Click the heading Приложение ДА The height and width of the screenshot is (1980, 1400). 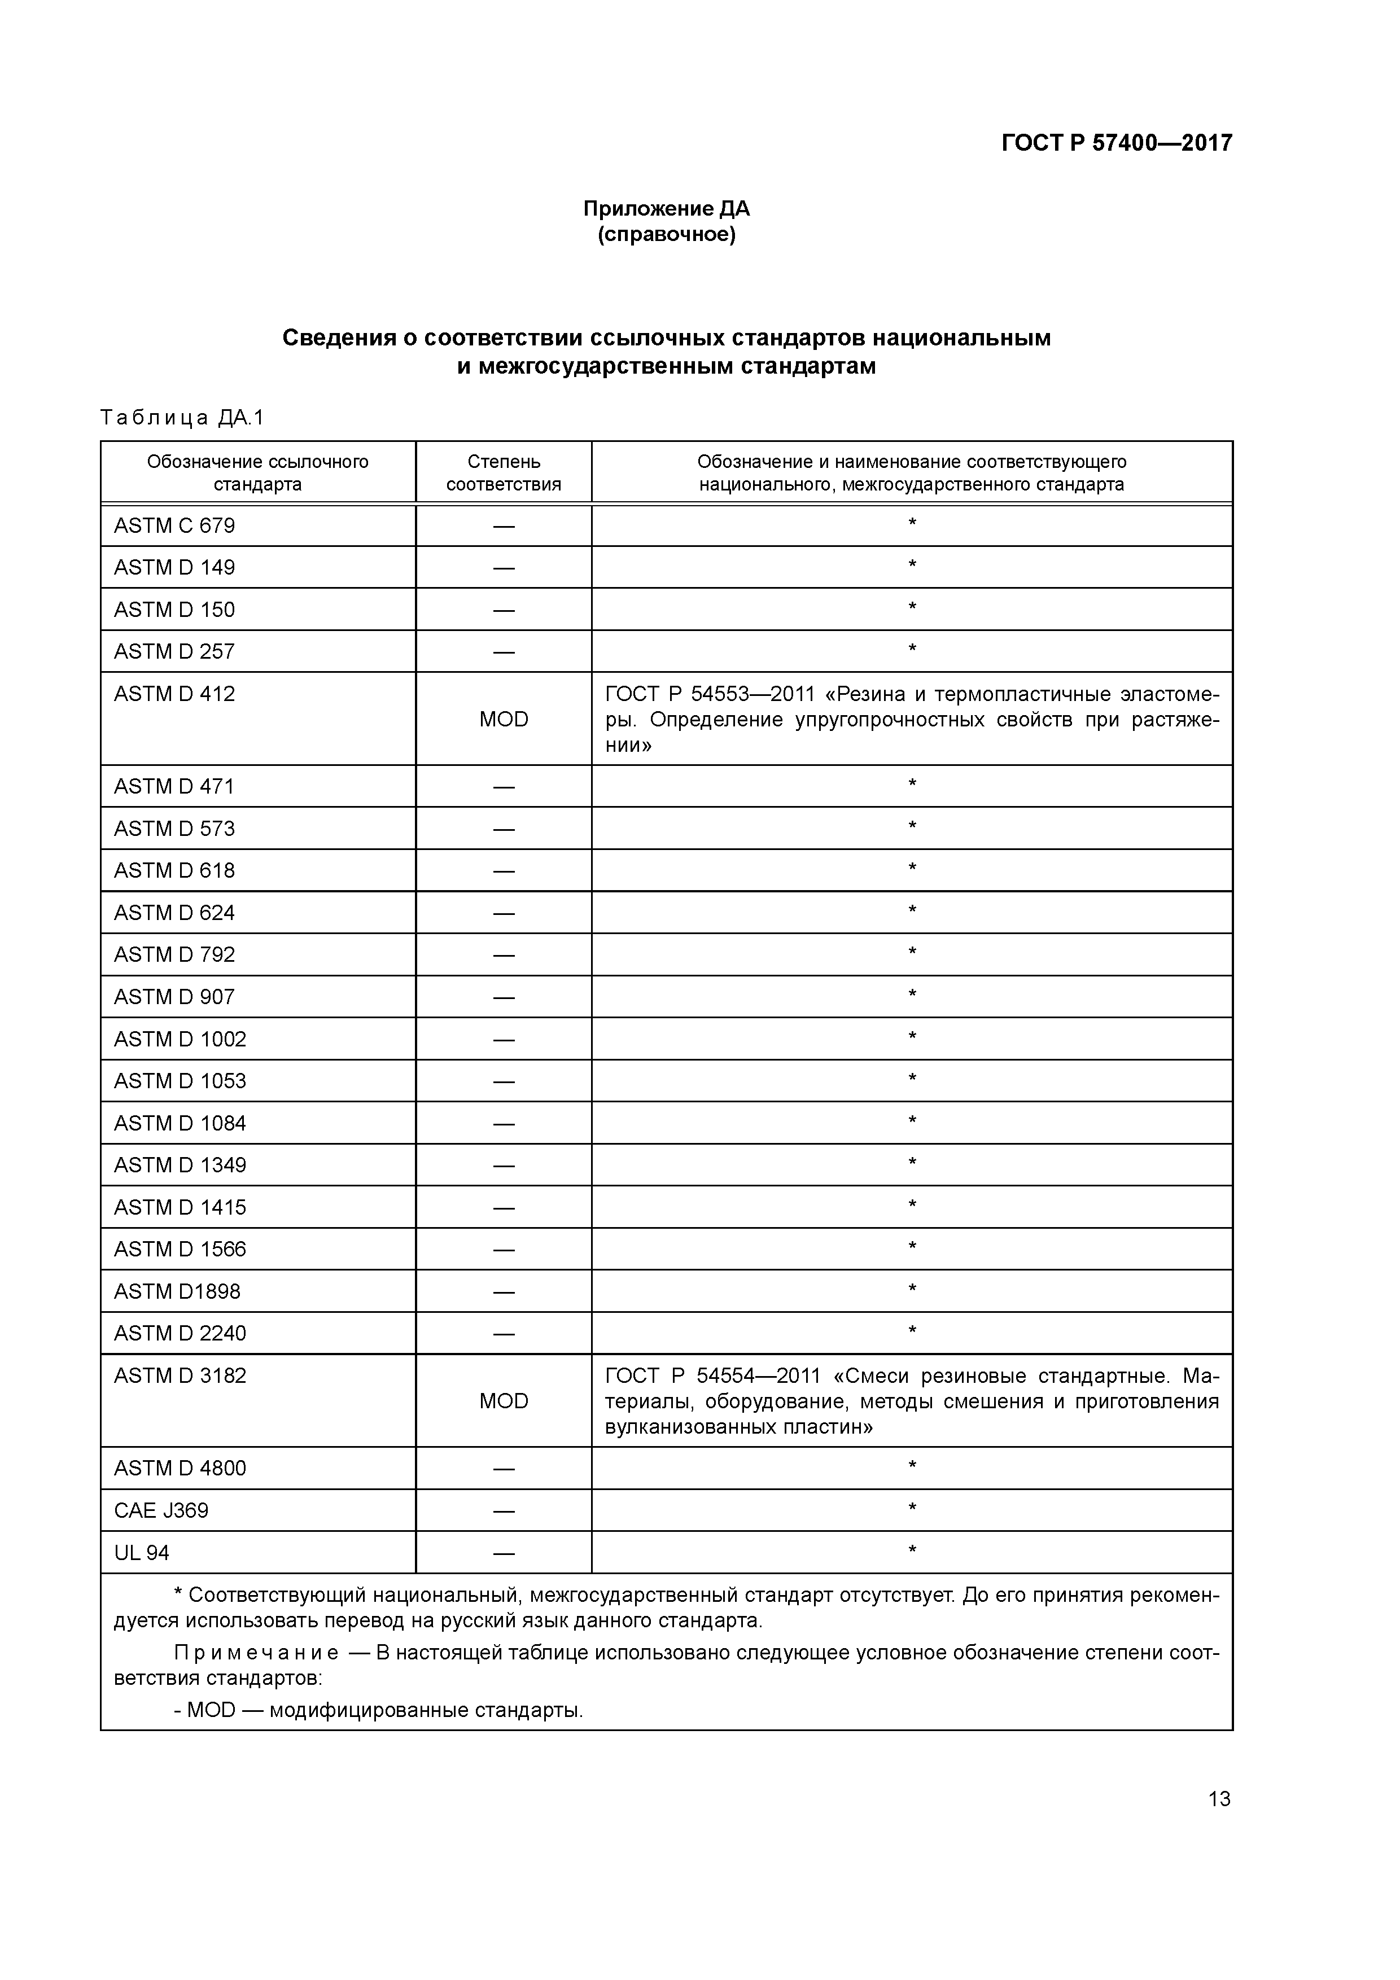pyautogui.click(x=666, y=209)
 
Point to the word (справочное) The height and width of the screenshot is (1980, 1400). pyautogui.click(x=666, y=235)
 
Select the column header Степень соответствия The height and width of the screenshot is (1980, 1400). pyautogui.click(x=503, y=472)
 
